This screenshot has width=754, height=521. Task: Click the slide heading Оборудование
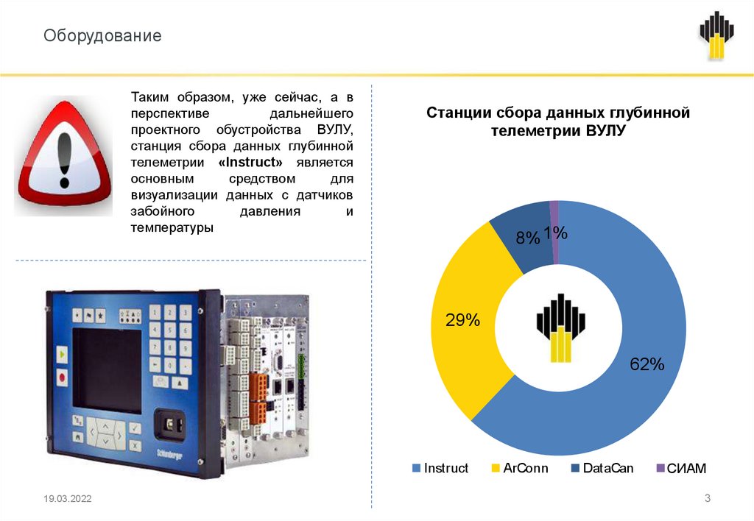point(102,35)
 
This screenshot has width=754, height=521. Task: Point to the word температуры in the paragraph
point(172,228)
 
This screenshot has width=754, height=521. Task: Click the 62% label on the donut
point(646,364)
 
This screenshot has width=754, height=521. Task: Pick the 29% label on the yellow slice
point(462,320)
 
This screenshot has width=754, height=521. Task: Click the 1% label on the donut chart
point(556,233)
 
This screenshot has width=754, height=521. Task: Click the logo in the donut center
point(560,327)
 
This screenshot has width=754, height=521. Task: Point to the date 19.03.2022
point(68,500)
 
